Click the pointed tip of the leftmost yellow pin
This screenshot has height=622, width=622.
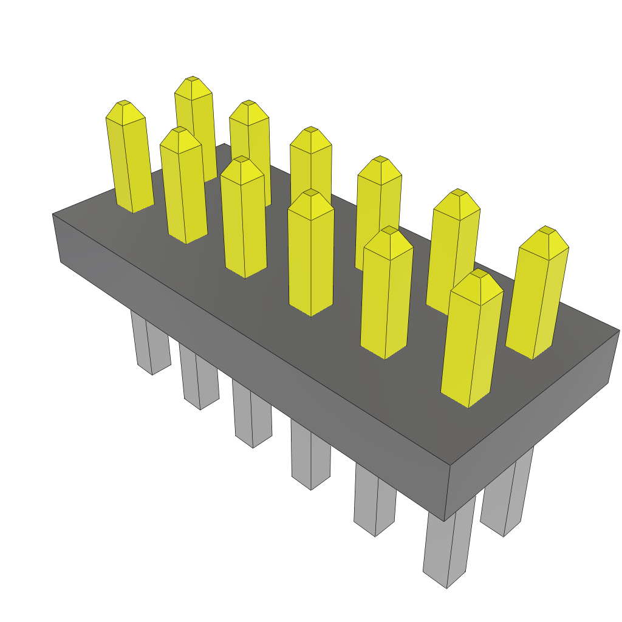[124, 103]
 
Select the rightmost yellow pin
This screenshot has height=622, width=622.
[538, 295]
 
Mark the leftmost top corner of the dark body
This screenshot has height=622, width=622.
[53, 214]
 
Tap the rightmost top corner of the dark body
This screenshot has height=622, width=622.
[619, 330]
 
